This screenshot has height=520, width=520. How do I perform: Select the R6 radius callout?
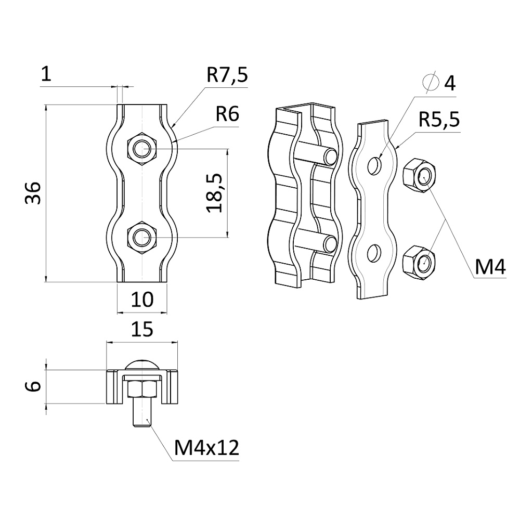coord(227,114)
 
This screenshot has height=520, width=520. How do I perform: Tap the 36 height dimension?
coord(33,193)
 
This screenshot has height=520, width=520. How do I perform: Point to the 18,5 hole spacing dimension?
coord(215,193)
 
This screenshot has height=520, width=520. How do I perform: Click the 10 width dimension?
coord(142,299)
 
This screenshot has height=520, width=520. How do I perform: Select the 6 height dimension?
coord(33,386)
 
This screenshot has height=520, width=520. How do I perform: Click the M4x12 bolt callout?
coord(207,447)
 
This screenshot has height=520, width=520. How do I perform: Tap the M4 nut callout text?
coord(489,267)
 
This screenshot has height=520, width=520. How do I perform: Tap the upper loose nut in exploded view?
coord(421,175)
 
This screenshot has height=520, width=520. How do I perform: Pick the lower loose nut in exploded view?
coord(421,260)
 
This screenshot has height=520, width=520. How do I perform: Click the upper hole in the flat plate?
coord(374,165)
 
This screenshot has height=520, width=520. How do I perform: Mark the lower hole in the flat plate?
coord(373,254)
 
